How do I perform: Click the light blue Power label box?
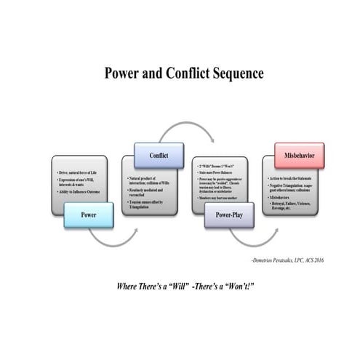(89, 215)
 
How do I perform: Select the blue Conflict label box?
(159, 156)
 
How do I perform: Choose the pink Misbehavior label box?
(299, 155)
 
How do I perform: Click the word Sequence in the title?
(233, 73)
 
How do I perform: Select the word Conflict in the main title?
(175, 73)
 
